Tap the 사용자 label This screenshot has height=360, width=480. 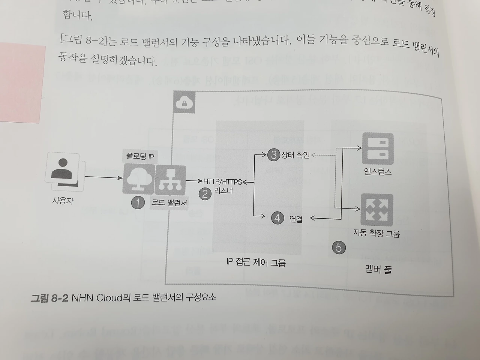pos(63,201)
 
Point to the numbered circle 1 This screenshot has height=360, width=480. pos(138,203)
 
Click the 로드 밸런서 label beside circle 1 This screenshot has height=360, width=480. pos(169,203)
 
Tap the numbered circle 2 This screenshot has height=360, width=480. pos(205,194)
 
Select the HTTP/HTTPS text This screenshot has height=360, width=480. pos(222,182)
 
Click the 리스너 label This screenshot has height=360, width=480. pos(223,191)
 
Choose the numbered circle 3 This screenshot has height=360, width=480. pos(274,154)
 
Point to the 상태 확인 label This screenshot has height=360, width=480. pos(295,154)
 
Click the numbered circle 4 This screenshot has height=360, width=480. pos(277,218)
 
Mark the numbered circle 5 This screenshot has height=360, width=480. pos(339,247)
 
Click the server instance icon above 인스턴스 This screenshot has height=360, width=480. pos(377,149)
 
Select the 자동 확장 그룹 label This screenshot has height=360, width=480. pos(376,233)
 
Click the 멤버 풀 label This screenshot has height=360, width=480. pos(378,269)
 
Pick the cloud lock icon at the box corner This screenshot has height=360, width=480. pos(184,102)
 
